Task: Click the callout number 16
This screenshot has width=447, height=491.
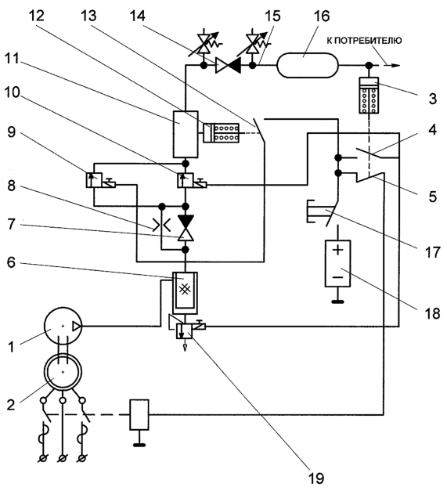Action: [321, 16]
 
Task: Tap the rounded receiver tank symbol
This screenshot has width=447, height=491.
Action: [308, 66]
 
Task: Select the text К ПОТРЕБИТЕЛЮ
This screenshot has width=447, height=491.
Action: [364, 41]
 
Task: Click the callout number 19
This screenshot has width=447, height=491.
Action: [316, 478]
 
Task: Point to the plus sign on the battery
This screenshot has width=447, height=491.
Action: [337, 250]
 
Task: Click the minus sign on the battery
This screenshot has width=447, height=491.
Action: [337, 277]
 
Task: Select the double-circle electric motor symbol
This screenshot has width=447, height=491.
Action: [63, 372]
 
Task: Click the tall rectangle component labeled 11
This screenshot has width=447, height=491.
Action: [186, 135]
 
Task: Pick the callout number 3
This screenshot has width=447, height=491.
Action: [432, 99]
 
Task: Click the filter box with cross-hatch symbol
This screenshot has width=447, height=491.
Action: [185, 293]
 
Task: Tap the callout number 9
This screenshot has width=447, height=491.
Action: [11, 132]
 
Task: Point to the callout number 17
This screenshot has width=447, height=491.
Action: [432, 252]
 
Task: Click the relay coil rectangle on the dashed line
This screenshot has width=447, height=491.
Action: [139, 414]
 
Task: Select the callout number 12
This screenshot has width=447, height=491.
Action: [36, 16]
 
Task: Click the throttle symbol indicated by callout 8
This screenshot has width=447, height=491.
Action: [161, 225]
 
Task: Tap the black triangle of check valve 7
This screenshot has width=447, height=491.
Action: [186, 221]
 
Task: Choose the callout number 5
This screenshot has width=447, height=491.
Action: [432, 197]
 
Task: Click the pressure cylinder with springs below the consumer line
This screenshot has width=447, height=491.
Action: [369, 96]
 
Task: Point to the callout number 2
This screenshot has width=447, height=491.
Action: [11, 405]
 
